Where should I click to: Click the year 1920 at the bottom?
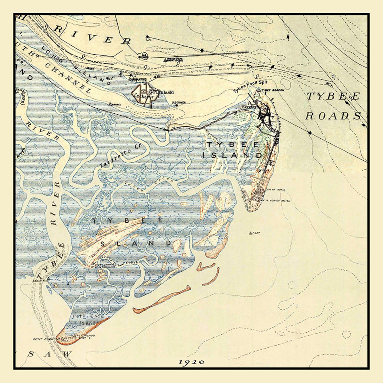coord(191,362)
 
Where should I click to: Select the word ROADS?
coord(333,116)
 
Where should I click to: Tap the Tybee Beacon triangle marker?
coord(259,90)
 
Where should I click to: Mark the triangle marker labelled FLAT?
coord(250,233)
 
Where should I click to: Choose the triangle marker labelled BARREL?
coord(110,105)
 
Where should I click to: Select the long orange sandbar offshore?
coord(161,300)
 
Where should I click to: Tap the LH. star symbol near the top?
coord(147,37)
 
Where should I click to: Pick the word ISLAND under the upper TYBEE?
coord(232,155)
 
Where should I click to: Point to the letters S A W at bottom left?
coord(50,354)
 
